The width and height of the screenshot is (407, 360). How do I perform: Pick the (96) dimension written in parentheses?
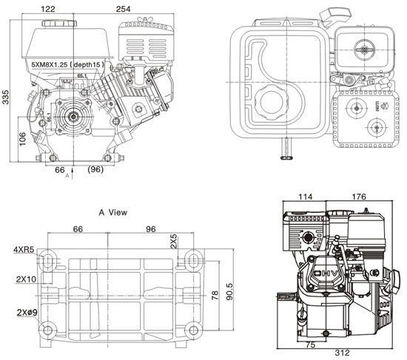(x=95, y=170)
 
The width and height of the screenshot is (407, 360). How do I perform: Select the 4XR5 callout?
(x=23, y=250)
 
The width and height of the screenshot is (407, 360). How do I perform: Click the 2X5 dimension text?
(x=173, y=241)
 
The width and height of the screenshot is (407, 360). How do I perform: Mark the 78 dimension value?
(x=215, y=296)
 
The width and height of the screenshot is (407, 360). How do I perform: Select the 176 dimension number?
(x=359, y=197)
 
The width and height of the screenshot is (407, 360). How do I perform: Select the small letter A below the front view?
(x=67, y=177)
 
